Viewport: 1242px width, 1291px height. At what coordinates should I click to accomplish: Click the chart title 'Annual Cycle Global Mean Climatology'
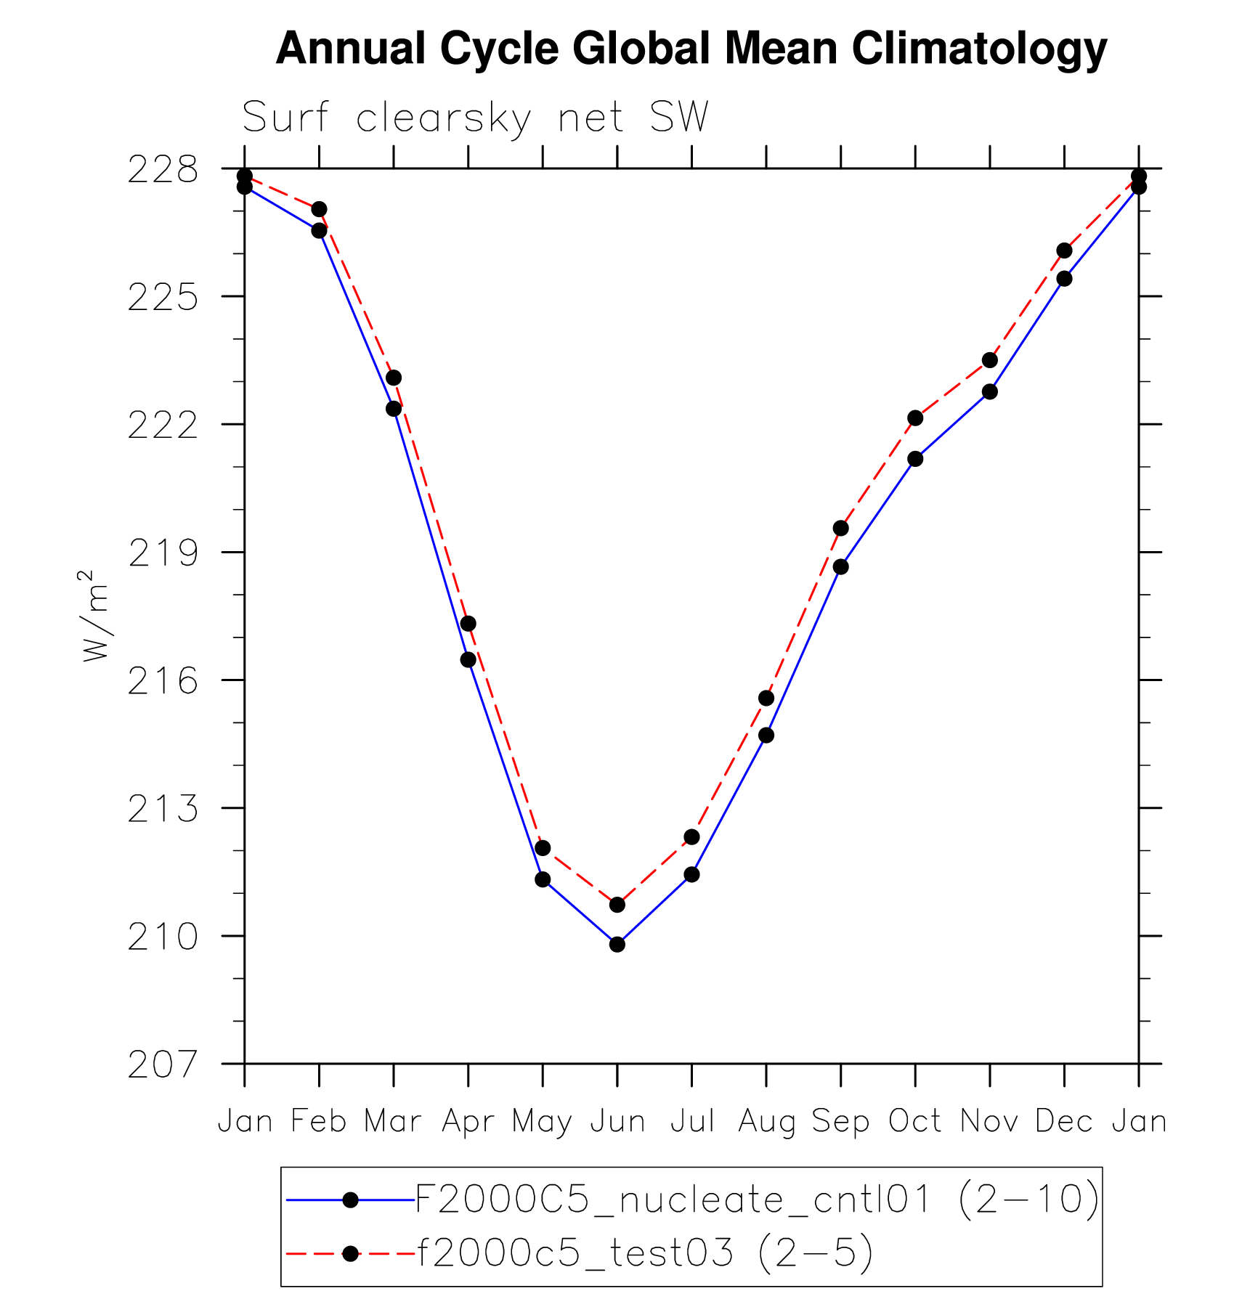tap(691, 49)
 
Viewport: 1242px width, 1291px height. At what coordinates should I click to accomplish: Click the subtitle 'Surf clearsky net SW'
tap(475, 118)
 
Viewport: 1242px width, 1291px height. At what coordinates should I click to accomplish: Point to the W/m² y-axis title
tap(95, 616)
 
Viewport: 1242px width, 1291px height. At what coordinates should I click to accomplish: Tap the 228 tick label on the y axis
tap(163, 171)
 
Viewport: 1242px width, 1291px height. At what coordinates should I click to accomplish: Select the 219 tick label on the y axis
tap(163, 554)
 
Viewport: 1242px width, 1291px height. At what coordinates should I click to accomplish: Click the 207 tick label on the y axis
tap(163, 1065)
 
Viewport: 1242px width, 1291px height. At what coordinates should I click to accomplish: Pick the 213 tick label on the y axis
tap(163, 810)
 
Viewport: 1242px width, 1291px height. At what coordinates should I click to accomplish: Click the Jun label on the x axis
tap(617, 1122)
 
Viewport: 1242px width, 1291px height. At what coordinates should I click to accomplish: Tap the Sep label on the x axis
tap(840, 1122)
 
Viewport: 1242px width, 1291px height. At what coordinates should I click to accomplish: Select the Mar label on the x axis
tap(393, 1122)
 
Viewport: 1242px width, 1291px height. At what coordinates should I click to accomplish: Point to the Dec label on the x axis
tap(1064, 1122)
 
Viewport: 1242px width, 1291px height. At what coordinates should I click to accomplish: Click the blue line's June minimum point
tap(617, 944)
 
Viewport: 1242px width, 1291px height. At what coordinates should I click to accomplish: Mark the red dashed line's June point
tap(617, 904)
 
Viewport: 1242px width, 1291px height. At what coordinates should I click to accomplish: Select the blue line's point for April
tap(468, 659)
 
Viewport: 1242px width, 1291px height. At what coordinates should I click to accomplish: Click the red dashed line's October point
tap(915, 418)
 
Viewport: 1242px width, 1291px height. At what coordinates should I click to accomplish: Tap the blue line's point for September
tap(840, 566)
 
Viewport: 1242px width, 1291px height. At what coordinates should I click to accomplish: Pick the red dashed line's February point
tap(319, 209)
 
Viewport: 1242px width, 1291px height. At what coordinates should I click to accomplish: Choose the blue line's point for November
tap(990, 391)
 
